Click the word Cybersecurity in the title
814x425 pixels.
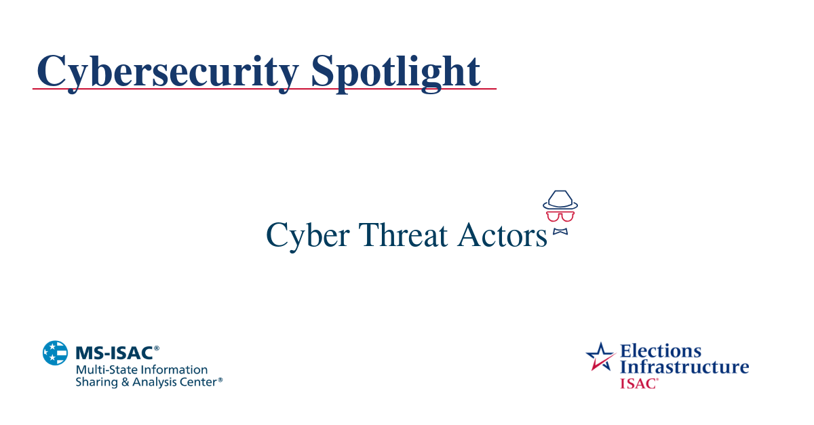167,70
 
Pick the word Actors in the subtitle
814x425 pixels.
501,235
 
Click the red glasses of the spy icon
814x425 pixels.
560,216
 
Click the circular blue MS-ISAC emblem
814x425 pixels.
56,353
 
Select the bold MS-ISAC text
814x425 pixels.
113,352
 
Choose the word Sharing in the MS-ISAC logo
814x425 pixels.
94,382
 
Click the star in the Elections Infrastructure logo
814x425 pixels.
600,356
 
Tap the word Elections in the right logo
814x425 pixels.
661,351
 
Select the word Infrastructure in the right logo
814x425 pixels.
684,367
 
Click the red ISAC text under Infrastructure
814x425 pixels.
638,383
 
